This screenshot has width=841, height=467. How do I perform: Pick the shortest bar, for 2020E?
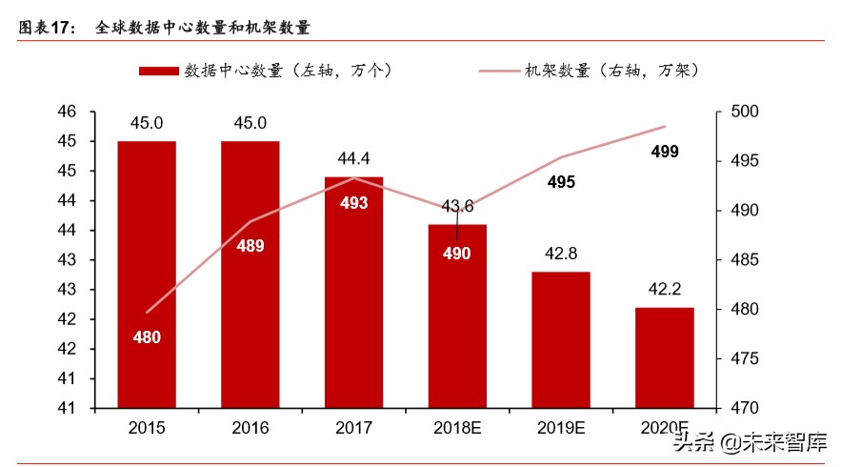[664, 357]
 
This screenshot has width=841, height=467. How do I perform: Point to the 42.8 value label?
[561, 254]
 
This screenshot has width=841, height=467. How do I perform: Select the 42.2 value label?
[664, 291]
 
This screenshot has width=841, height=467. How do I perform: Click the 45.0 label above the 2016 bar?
[250, 123]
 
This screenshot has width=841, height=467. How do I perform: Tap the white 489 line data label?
[250, 246]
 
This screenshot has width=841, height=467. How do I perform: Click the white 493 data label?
[353, 203]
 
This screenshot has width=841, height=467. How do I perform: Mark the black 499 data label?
[665, 152]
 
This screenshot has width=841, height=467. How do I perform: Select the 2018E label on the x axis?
[457, 427]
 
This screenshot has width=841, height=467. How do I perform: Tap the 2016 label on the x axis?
[250, 427]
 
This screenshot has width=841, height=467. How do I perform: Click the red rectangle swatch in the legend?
[157, 71]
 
